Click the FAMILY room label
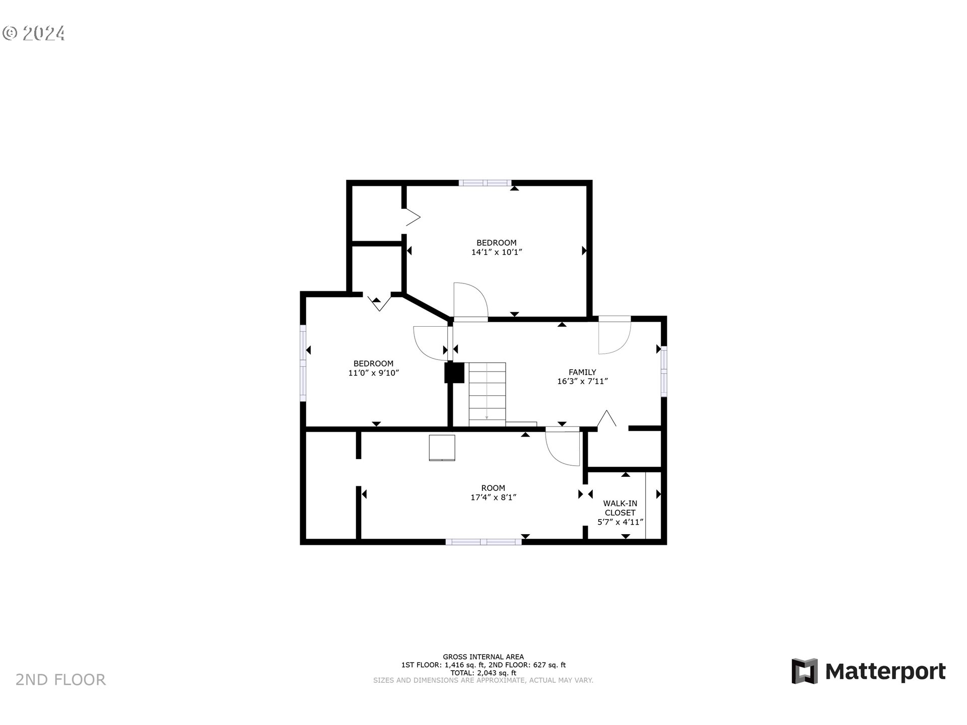click(x=582, y=372)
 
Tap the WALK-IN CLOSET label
click(x=620, y=508)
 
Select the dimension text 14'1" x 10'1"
click(x=497, y=252)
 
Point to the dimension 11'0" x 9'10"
click(x=373, y=373)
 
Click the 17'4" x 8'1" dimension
click(x=493, y=497)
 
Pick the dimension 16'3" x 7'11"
click(x=582, y=382)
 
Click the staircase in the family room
click(x=487, y=394)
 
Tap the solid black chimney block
click(x=454, y=373)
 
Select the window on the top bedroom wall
click(x=485, y=183)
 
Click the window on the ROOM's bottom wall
click(x=483, y=542)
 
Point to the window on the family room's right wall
click(x=664, y=371)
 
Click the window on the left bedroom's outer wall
click(x=303, y=362)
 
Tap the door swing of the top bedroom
click(x=471, y=301)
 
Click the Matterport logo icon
click(x=804, y=671)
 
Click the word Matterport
click(x=885, y=672)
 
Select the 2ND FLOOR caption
click(x=60, y=680)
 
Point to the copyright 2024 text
click(x=34, y=33)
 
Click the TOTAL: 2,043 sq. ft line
click(x=483, y=673)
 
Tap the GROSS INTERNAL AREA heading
click(x=483, y=657)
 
